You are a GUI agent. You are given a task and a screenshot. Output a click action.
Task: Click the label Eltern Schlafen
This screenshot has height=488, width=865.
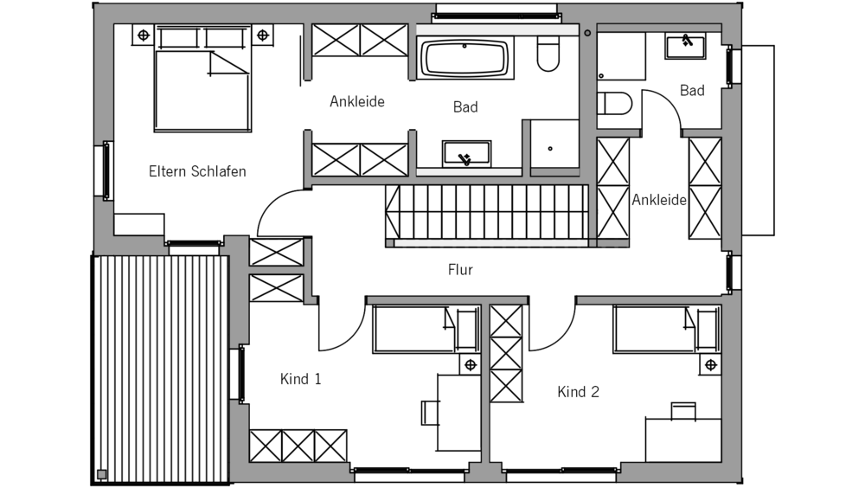tap(197, 171)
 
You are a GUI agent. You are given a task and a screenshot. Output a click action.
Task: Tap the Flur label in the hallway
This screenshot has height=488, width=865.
tap(460, 270)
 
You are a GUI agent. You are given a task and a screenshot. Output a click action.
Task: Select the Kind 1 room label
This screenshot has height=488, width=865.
tap(301, 378)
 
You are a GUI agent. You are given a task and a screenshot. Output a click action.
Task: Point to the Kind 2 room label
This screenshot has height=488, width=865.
tap(578, 392)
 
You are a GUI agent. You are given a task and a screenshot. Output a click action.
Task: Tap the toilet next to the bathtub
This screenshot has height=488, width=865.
tap(548, 55)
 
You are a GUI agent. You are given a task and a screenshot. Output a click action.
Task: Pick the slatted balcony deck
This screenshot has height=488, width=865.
tap(160, 368)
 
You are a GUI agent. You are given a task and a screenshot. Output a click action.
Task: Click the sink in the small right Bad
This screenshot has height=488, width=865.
tap(685, 45)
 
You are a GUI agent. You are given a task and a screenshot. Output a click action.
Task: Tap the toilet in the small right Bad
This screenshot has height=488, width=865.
tap(615, 104)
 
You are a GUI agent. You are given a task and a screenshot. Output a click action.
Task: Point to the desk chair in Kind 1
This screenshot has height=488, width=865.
tap(430, 412)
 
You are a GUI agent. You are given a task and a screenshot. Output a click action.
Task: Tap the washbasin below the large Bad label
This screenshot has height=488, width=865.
tap(467, 154)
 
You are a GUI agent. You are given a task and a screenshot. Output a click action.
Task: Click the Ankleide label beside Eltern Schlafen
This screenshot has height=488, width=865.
tap(356, 101)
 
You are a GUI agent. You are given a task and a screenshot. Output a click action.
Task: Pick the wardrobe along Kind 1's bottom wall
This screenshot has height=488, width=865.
tap(298, 446)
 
